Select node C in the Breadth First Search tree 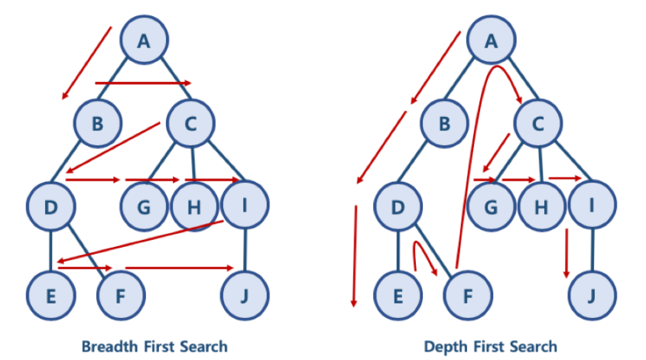pyautogui.click(x=190, y=122)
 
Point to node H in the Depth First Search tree pyautogui.click(x=541, y=206)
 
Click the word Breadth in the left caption pyautogui.click(x=107, y=345)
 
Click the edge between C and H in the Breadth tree pyautogui.click(x=192, y=163)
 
